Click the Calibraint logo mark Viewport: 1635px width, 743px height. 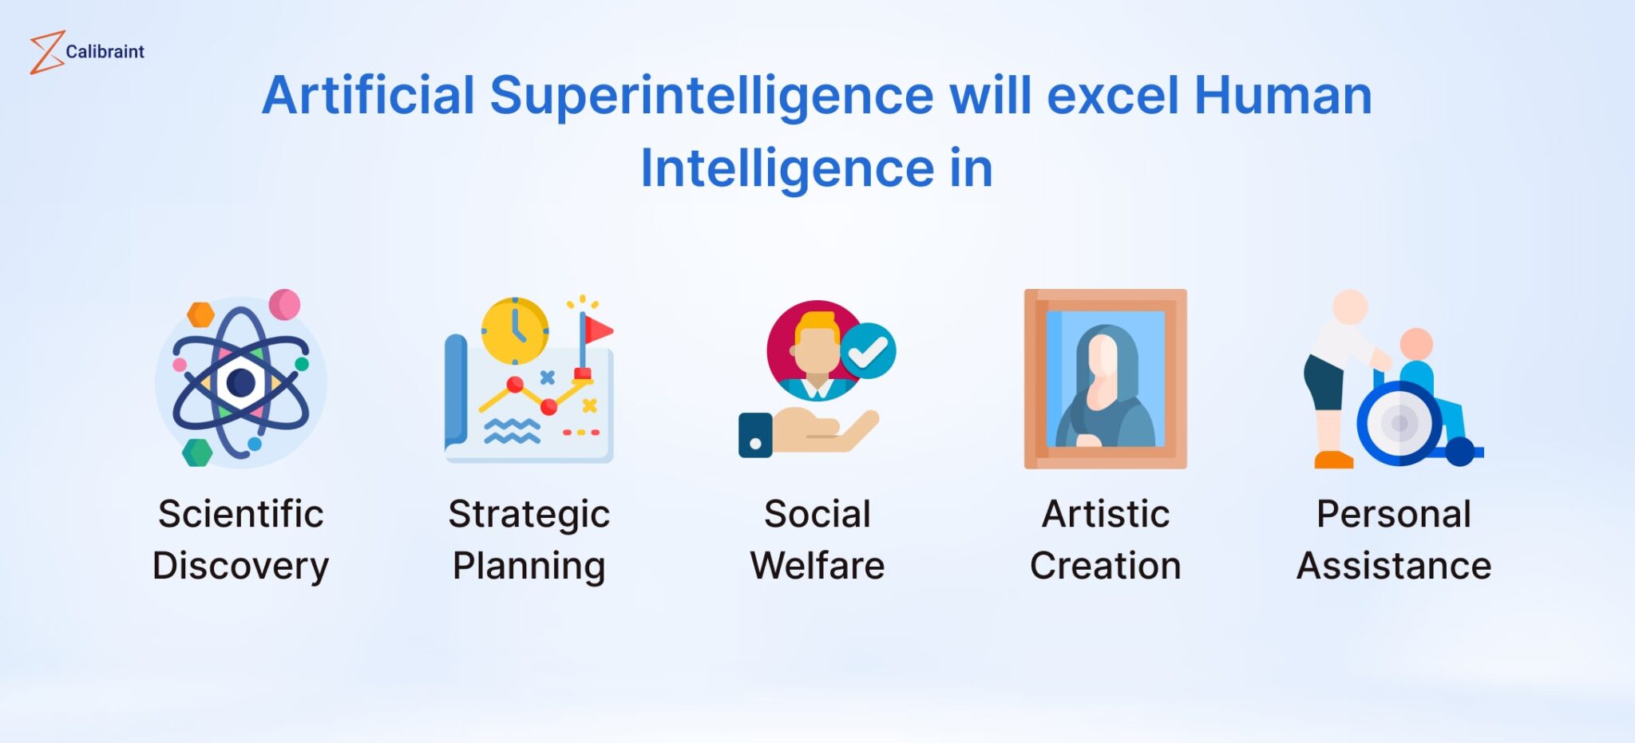click(46, 53)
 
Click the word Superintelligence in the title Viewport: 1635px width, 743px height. click(711, 95)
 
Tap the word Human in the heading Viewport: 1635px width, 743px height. click(1282, 95)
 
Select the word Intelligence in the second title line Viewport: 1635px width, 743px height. click(786, 168)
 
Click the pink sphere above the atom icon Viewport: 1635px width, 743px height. click(284, 305)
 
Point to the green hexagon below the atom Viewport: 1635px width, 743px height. click(197, 452)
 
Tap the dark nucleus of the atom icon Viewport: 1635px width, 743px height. click(240, 382)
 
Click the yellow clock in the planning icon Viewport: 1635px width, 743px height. click(515, 330)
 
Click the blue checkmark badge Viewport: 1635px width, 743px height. click(869, 351)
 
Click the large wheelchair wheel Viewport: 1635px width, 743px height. click(1399, 423)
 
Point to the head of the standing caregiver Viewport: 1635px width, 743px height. click(1350, 306)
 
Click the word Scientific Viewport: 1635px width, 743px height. click(240, 514)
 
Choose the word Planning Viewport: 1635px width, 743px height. click(529, 567)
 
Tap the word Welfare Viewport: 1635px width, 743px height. click(817, 566)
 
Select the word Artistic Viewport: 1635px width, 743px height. click(1106, 514)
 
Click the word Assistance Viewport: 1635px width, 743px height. click(1393, 566)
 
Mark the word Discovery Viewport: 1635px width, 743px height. click(240, 567)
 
